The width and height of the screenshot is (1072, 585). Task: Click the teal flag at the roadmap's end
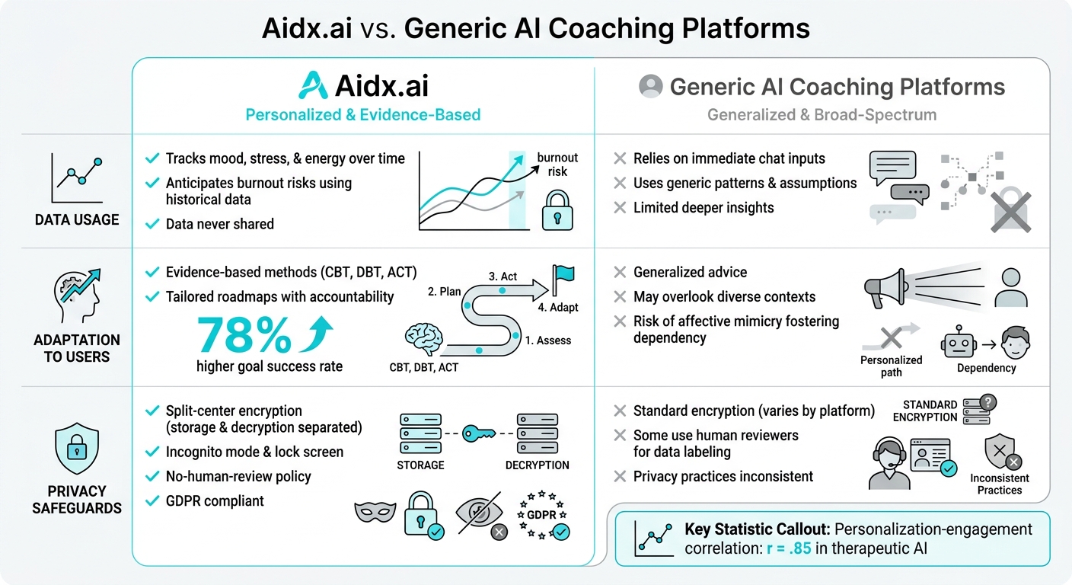click(564, 276)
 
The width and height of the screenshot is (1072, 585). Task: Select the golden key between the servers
click(479, 433)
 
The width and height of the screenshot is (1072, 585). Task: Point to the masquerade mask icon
click(375, 512)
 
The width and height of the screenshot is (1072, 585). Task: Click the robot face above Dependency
click(958, 342)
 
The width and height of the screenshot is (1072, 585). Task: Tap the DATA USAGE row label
click(77, 219)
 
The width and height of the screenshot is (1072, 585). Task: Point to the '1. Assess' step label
click(547, 340)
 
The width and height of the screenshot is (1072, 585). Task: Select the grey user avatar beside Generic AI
click(651, 86)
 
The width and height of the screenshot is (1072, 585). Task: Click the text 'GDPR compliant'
click(215, 500)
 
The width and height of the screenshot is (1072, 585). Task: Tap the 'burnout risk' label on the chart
click(557, 165)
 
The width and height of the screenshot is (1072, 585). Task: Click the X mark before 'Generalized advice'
click(620, 273)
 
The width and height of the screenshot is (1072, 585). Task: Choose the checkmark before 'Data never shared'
click(152, 224)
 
